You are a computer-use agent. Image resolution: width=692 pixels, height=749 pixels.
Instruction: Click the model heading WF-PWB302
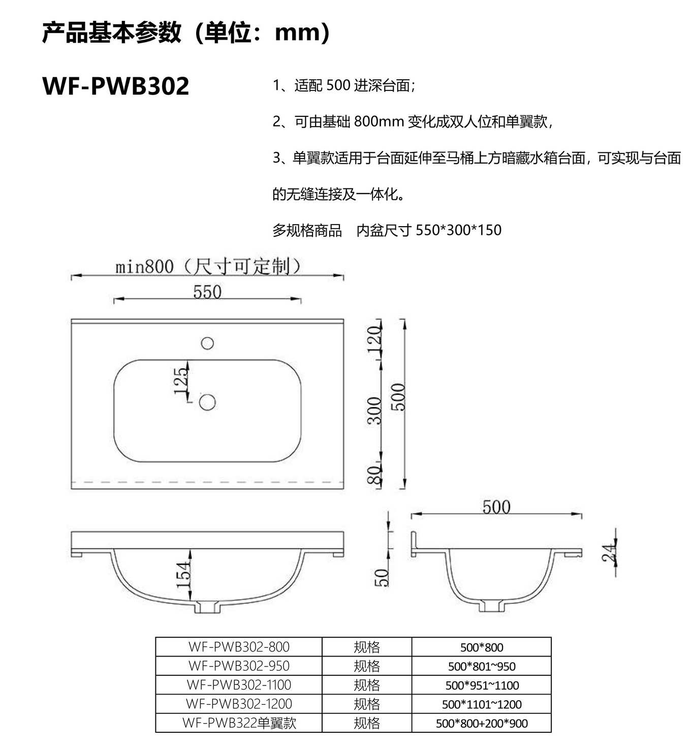click(x=116, y=86)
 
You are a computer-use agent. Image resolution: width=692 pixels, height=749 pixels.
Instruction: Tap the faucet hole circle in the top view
click(x=207, y=343)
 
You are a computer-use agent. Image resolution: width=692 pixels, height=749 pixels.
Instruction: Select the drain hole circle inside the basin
click(x=207, y=402)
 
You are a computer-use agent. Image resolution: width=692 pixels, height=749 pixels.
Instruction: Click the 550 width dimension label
click(x=207, y=292)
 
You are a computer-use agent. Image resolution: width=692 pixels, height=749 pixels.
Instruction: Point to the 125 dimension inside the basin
click(x=181, y=381)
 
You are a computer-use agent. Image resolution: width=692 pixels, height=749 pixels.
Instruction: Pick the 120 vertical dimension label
click(x=374, y=340)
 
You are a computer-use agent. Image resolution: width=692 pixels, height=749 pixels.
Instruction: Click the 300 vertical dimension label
click(x=374, y=411)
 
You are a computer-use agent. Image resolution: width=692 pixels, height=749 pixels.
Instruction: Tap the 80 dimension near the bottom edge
click(x=374, y=475)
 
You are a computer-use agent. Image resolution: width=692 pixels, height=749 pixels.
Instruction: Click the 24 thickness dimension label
click(x=609, y=553)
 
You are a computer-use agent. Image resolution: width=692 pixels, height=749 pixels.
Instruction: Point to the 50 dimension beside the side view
click(x=381, y=578)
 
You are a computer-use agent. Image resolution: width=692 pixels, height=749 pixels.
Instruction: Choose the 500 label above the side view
click(x=496, y=507)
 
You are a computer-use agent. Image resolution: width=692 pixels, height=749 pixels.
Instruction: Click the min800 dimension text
click(x=144, y=267)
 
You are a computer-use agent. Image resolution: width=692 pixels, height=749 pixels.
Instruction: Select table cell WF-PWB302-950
click(x=239, y=666)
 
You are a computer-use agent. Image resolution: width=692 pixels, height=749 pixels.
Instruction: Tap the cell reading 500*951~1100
click(x=482, y=685)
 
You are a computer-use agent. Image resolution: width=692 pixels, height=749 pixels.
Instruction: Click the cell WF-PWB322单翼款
click(x=239, y=723)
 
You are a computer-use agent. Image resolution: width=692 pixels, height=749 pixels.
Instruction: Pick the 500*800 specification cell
click(x=482, y=647)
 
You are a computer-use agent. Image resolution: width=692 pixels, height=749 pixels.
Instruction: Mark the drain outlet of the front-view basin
click(x=207, y=607)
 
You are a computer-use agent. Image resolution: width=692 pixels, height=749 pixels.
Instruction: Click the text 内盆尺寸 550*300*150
click(x=429, y=230)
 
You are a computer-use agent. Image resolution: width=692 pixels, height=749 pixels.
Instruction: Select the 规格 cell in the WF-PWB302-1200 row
click(x=366, y=704)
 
